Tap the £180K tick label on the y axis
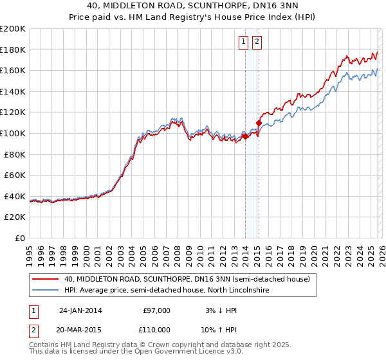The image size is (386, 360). coord(13,50)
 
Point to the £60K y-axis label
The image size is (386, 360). coord(15,175)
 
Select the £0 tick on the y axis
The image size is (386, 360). coord(20,238)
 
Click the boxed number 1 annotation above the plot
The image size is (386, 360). coord(244,42)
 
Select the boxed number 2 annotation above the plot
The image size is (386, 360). coord(257,42)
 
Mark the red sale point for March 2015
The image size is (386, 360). coord(259,123)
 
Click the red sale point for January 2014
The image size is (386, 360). coord(245,136)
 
